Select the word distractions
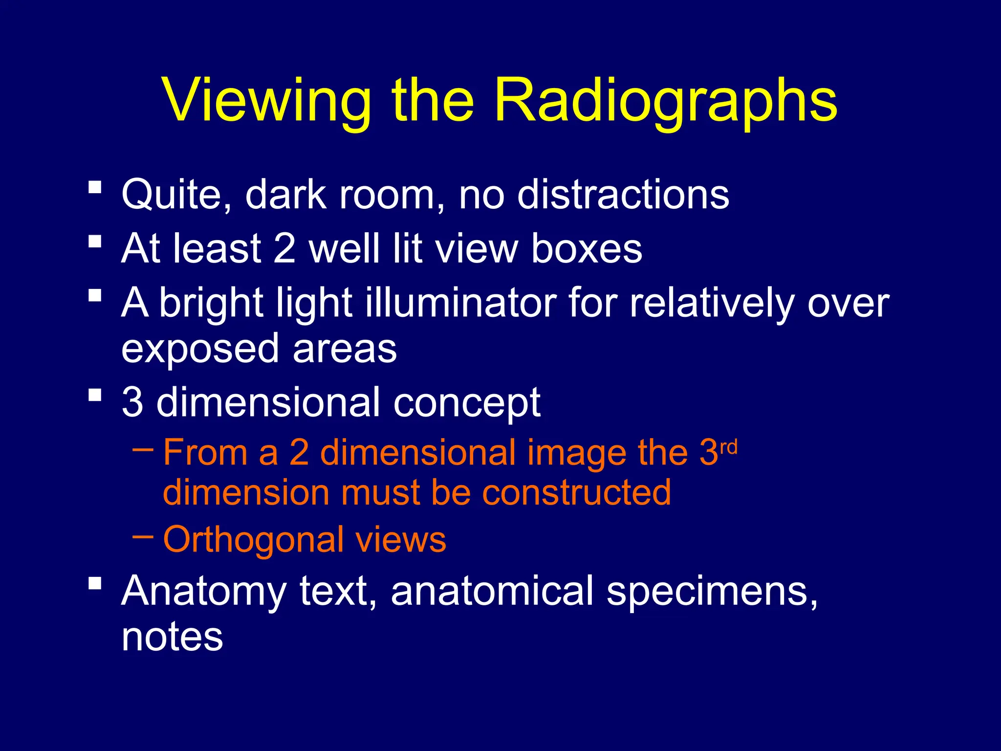click(x=623, y=195)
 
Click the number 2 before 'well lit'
click(x=284, y=248)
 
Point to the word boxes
click(x=587, y=248)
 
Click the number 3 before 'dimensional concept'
click(x=132, y=402)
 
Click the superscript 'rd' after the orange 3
click(x=729, y=447)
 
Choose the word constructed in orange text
click(x=577, y=492)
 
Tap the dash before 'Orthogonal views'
click(x=143, y=536)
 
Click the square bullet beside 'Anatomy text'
click(x=95, y=583)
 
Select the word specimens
click(x=711, y=592)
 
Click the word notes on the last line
click(x=172, y=637)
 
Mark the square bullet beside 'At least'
click(x=95, y=242)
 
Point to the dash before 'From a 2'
click(x=143, y=448)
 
